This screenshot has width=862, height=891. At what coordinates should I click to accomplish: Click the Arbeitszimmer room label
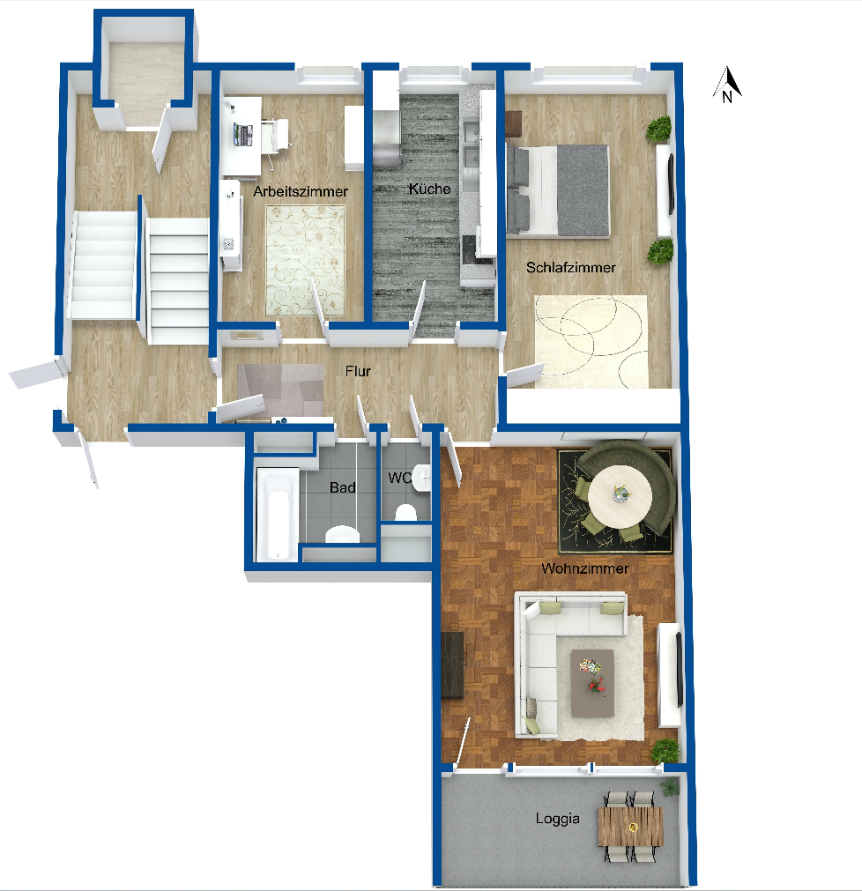click(301, 191)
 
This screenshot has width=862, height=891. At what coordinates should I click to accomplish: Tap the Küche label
click(429, 189)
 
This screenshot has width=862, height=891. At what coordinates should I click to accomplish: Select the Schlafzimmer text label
click(571, 267)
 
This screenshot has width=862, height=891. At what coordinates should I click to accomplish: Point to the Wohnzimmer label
click(585, 568)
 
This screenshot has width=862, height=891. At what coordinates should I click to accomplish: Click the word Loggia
click(557, 819)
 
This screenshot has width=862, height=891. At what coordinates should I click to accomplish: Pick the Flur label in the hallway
click(358, 371)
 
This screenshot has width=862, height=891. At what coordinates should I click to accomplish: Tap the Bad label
click(343, 487)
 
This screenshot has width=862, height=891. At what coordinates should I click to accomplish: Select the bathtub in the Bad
click(278, 515)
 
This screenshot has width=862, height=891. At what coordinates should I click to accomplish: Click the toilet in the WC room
click(405, 513)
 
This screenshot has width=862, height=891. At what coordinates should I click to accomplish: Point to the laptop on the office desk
click(242, 135)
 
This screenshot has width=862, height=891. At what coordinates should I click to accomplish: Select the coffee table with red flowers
click(592, 683)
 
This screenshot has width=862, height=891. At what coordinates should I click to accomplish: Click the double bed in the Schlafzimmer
click(557, 190)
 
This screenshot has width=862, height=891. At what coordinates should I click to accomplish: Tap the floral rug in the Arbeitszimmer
click(305, 261)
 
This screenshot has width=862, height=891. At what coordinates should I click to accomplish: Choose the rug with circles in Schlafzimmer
click(591, 342)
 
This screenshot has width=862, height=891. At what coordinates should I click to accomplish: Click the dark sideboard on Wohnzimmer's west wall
click(452, 665)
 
